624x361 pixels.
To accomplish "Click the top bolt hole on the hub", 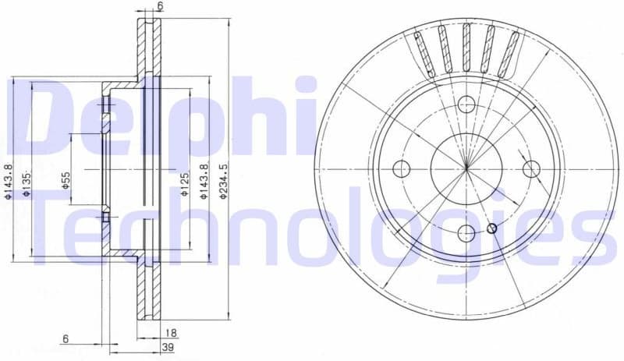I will pos(466,104).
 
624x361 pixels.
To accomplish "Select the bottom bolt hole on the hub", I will pos(466,232).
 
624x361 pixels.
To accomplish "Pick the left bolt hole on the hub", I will pos(402,168).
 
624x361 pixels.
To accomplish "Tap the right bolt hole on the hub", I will pos(531,168).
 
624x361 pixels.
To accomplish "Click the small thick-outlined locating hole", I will pos(491,228).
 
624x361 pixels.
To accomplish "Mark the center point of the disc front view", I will pos(466,168).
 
